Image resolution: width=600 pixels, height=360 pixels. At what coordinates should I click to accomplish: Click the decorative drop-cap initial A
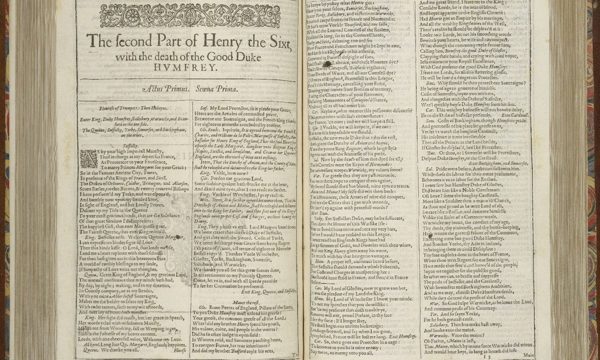(89, 157)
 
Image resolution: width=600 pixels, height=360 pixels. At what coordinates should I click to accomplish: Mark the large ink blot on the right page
(327, 64)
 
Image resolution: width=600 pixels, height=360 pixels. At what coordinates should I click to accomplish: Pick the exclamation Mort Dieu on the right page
(320, 213)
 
